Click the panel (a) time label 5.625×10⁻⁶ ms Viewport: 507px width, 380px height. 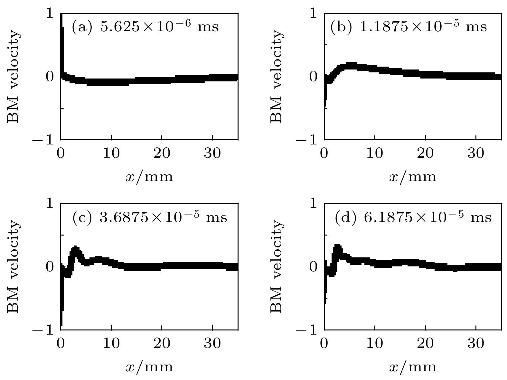coord(145,26)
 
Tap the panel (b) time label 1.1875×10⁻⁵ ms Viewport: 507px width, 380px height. coord(408,26)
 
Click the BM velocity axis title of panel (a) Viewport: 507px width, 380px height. coord(14,77)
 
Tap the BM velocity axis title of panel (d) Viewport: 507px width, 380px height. coord(277,266)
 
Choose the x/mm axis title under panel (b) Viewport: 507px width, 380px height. coord(413,177)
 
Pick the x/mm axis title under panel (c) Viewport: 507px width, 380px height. coord(149,367)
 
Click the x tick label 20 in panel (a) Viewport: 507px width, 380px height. coord(162,153)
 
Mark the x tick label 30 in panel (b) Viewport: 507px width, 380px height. coord(476,153)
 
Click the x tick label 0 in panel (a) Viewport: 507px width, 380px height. coord(61,153)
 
